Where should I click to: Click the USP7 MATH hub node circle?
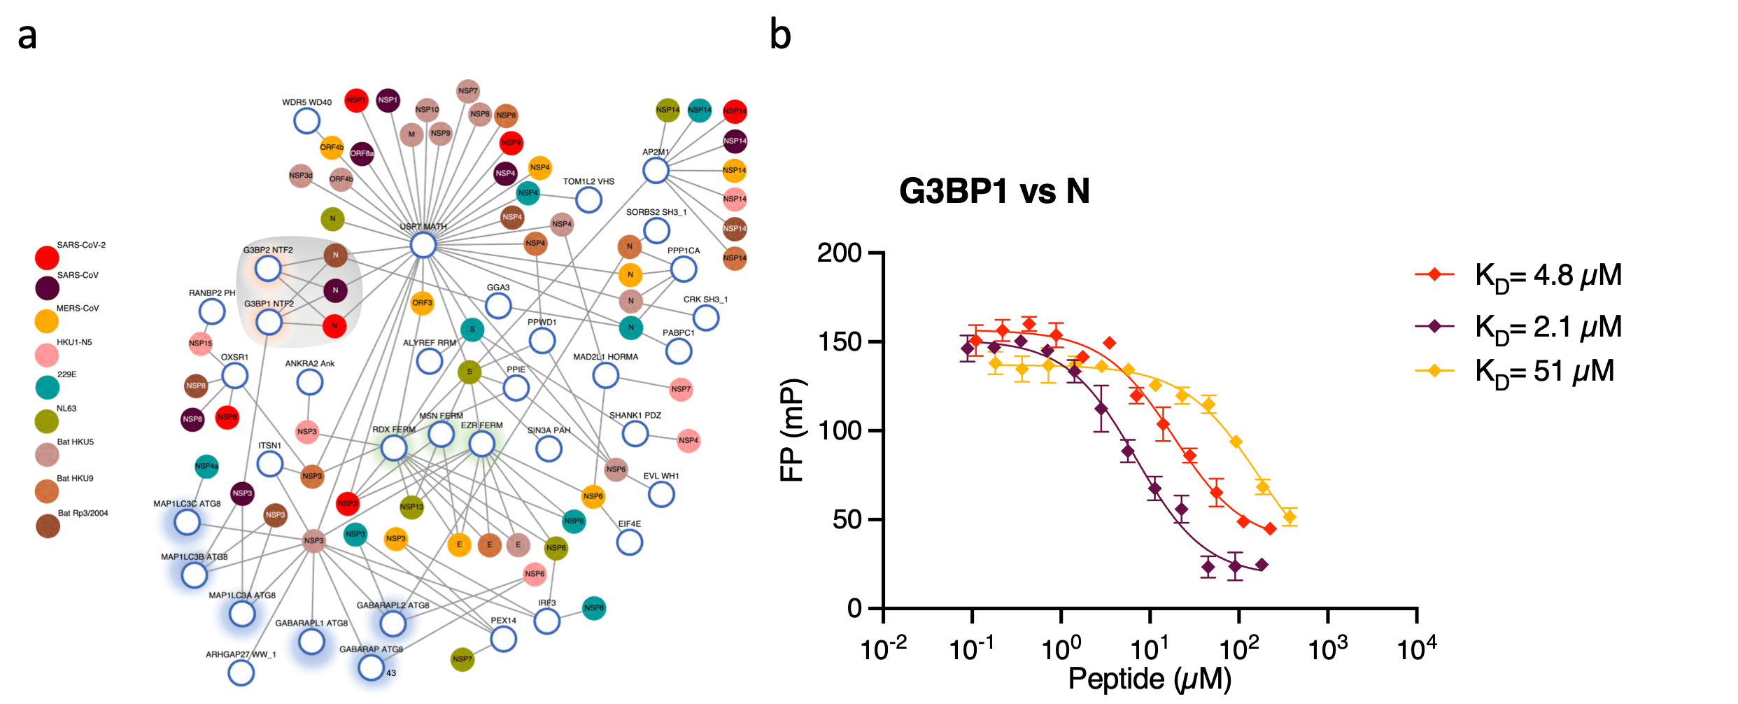click(423, 246)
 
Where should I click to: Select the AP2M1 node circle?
click(656, 170)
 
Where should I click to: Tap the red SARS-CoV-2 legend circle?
click(47, 258)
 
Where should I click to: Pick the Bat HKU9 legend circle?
click(47, 491)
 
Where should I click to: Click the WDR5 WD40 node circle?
click(306, 121)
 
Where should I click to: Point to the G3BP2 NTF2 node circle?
click(268, 269)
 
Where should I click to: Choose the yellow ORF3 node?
click(422, 303)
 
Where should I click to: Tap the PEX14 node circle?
click(503, 638)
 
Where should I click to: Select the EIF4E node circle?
click(629, 542)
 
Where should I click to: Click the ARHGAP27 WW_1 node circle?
click(241, 673)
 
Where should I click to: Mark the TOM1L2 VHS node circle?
click(588, 200)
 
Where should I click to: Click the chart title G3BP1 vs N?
click(994, 191)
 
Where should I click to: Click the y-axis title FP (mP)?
click(793, 430)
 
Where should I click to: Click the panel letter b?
click(780, 34)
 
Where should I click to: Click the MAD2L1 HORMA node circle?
click(605, 375)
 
